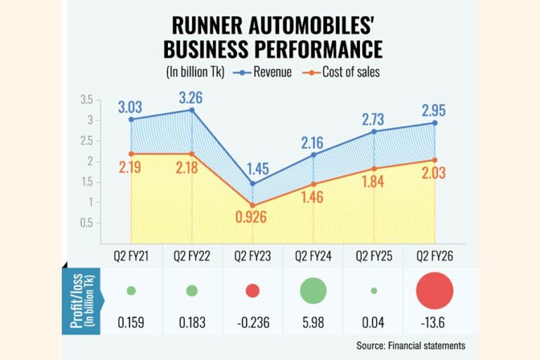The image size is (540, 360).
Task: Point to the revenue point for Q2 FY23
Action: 252,184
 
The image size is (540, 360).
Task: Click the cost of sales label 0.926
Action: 252,217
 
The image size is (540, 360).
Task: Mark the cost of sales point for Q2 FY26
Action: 435,160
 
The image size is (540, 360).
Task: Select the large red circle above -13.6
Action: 435,291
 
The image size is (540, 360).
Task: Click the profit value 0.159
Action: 131,323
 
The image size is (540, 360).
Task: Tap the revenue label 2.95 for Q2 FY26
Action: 435,110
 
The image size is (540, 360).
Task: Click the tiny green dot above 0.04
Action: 373,290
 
